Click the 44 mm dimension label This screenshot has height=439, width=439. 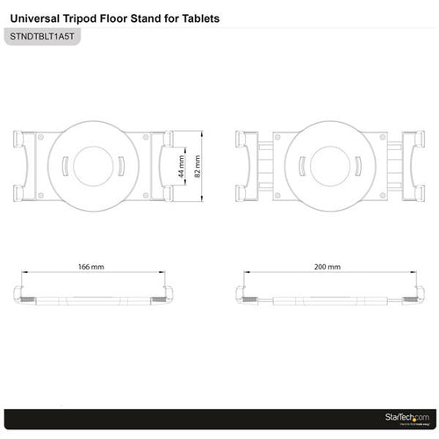[182, 167]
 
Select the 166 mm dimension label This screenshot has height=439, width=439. [90, 264]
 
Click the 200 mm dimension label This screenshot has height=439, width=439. [327, 264]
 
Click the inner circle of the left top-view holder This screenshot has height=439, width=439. [97, 165]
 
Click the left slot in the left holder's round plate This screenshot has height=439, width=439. [66, 165]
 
